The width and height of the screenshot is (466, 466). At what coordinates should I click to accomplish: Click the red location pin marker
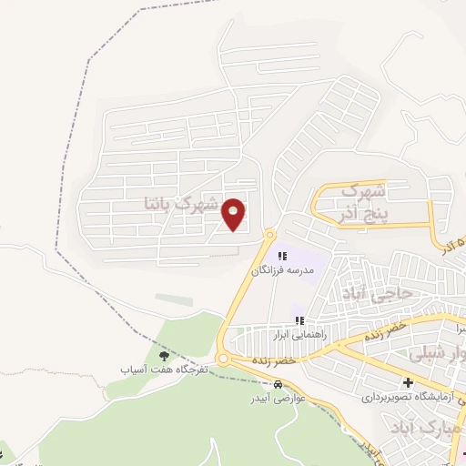[235, 214]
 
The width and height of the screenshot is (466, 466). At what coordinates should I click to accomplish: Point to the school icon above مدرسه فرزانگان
[282, 257]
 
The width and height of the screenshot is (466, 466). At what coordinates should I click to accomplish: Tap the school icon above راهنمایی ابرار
[299, 319]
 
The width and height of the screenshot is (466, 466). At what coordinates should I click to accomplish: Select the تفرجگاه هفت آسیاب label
[165, 370]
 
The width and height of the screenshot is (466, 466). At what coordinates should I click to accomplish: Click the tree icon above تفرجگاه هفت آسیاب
[165, 356]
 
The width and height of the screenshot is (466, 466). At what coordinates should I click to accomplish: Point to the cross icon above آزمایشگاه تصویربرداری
[409, 382]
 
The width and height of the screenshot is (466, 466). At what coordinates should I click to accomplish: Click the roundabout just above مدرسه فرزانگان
[269, 234]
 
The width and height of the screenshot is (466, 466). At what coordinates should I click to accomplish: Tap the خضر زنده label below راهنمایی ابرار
[276, 361]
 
